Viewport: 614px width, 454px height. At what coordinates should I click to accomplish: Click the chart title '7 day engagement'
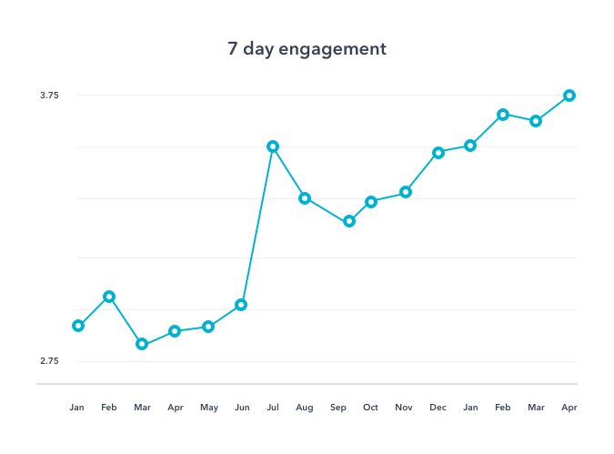pyautogui.click(x=307, y=49)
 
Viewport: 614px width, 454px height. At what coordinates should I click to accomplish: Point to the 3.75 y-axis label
pyautogui.click(x=49, y=96)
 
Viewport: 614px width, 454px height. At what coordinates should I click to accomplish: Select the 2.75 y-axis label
pyautogui.click(x=49, y=361)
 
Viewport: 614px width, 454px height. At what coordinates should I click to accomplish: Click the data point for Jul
pyautogui.click(x=273, y=146)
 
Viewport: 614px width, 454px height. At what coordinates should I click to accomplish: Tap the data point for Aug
pyautogui.click(x=306, y=198)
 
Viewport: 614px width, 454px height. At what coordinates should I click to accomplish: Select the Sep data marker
pyautogui.click(x=348, y=221)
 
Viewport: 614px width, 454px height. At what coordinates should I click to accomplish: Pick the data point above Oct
pyautogui.click(x=371, y=202)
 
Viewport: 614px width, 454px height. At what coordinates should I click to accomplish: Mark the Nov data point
pyautogui.click(x=406, y=192)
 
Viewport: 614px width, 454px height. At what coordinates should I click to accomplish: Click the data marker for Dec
pyautogui.click(x=438, y=153)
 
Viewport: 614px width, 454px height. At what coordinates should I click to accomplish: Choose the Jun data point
pyautogui.click(x=241, y=305)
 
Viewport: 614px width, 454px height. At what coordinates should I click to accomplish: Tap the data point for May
pyautogui.click(x=208, y=327)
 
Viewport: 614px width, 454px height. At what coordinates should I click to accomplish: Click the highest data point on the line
pyautogui.click(x=569, y=96)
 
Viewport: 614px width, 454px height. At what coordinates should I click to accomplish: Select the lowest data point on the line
pyautogui.click(x=142, y=344)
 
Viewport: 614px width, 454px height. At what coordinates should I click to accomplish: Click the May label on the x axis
pyautogui.click(x=208, y=408)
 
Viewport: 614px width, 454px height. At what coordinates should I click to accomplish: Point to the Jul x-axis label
pyautogui.click(x=272, y=408)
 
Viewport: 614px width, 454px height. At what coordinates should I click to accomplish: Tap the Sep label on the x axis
pyautogui.click(x=338, y=408)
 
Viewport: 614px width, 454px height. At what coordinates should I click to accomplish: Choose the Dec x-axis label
pyautogui.click(x=438, y=408)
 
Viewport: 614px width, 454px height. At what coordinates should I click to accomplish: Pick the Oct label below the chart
pyautogui.click(x=371, y=408)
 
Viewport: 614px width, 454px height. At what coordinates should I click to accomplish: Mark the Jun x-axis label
pyautogui.click(x=241, y=408)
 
